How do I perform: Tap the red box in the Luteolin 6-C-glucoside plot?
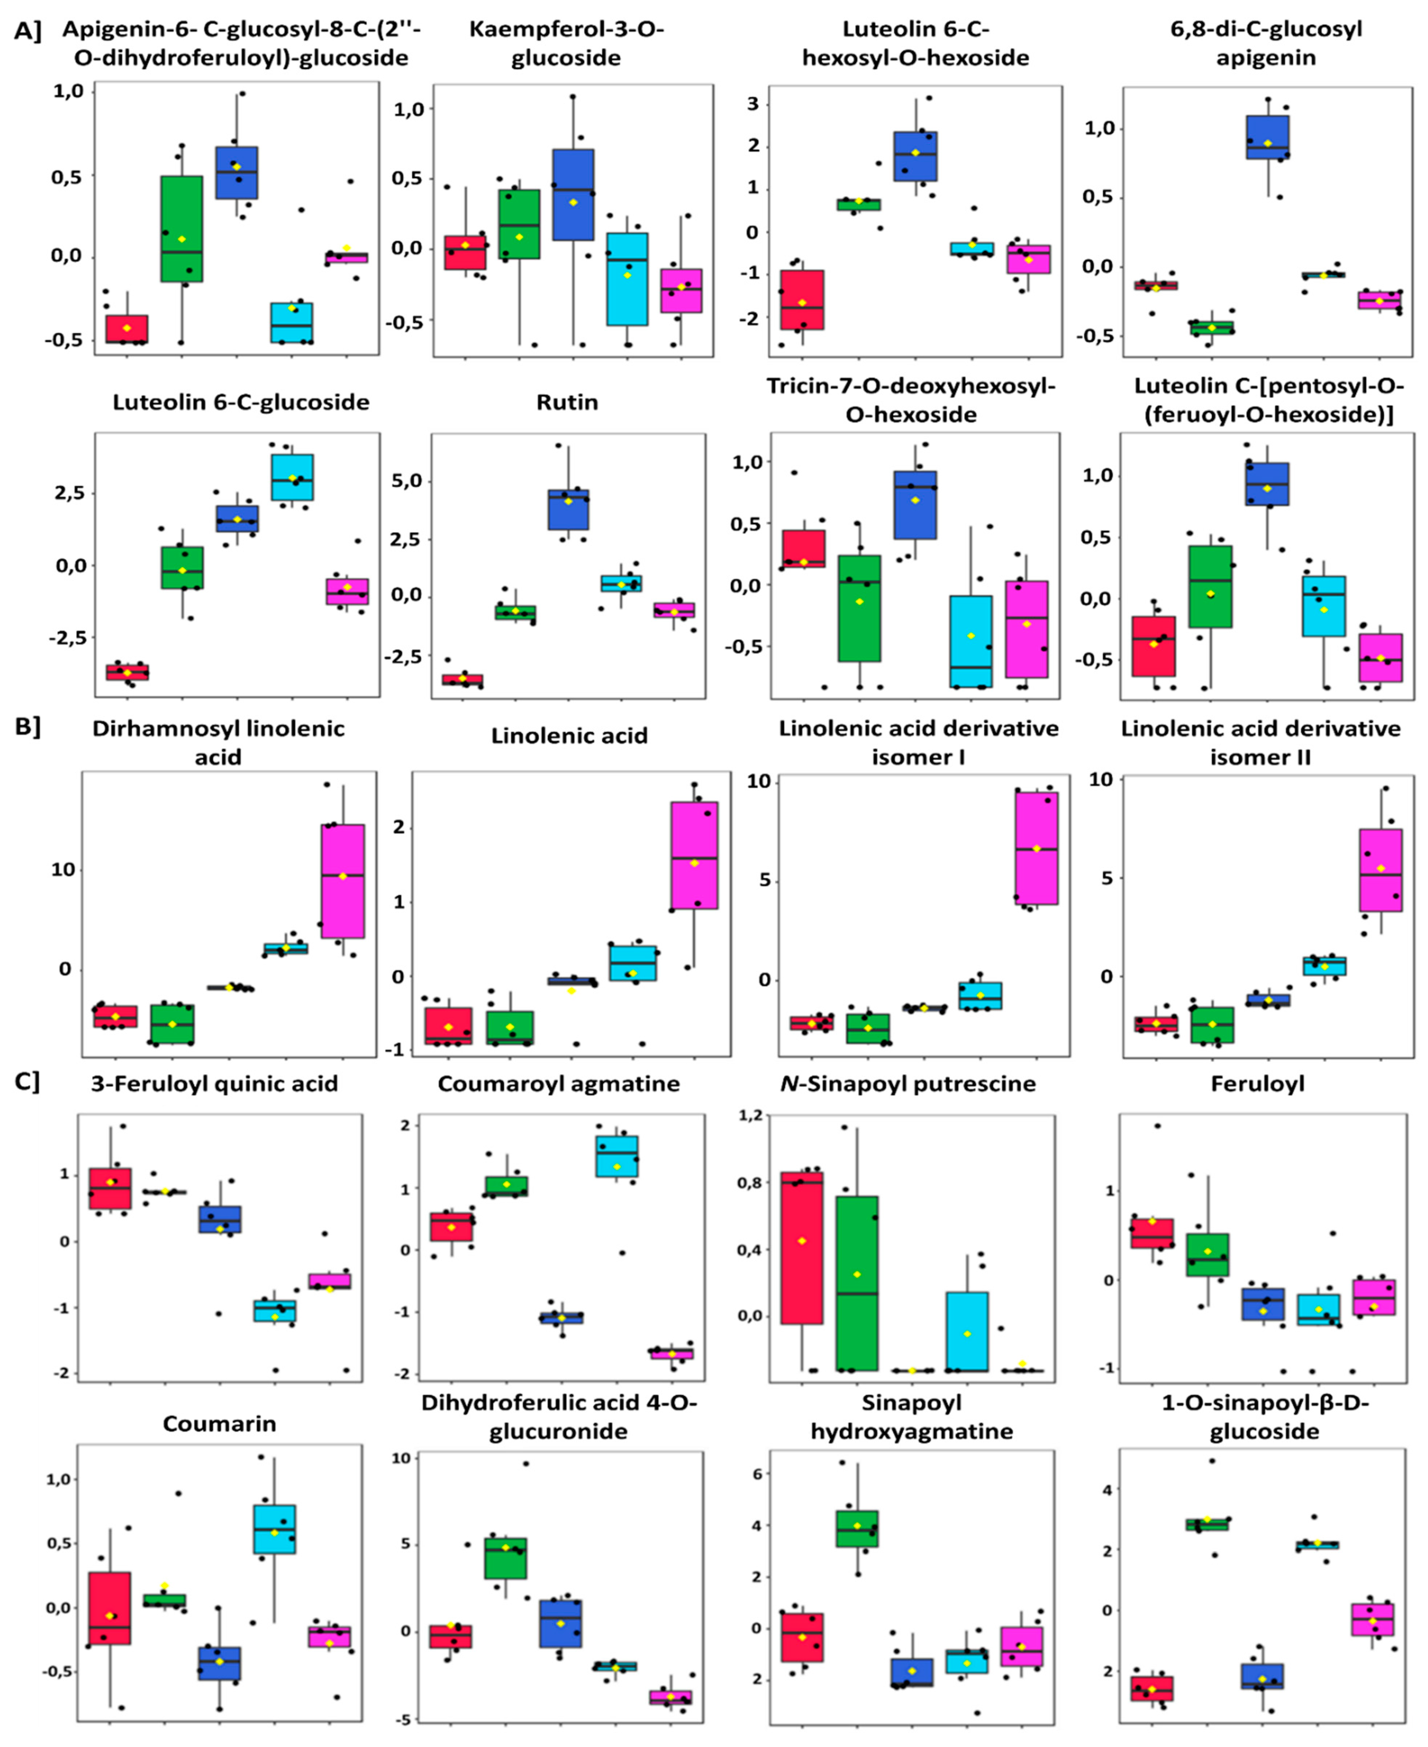pos(128,672)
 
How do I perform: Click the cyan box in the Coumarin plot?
pos(275,1529)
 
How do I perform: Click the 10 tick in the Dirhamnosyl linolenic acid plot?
pos(62,870)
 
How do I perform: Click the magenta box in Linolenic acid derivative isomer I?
pos(1036,848)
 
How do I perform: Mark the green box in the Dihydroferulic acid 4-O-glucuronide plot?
pos(506,1558)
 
